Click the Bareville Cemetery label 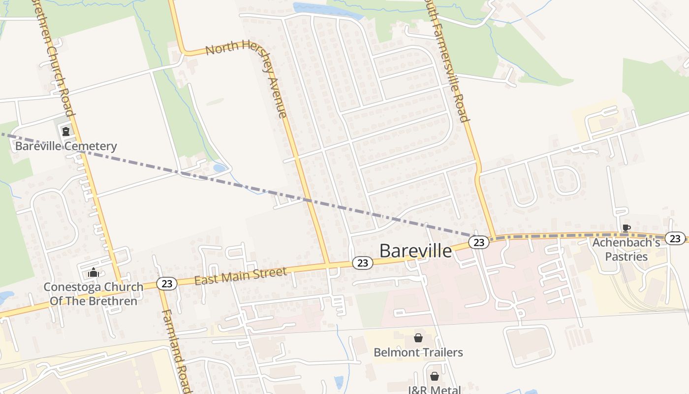coord(66,146)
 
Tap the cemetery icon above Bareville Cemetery coord(65,131)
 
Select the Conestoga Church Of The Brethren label coord(94,294)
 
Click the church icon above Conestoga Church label coord(93,272)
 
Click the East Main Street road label coord(240,276)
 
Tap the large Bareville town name coord(415,251)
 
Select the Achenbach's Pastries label coord(626,249)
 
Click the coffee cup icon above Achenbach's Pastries coord(626,228)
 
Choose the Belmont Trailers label coord(418,353)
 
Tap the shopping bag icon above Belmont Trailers coord(418,338)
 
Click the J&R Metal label coord(435,390)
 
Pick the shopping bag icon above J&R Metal coord(435,377)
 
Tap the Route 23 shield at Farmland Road coord(167,284)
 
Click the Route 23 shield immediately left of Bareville coord(363,263)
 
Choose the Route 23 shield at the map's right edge coord(675,238)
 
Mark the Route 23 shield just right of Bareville coord(479,242)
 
